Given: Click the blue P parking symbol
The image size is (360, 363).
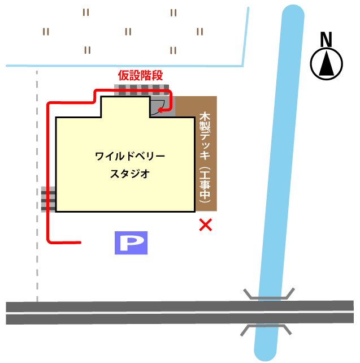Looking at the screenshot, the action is coord(131,243).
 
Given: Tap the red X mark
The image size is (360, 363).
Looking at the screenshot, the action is coord(206,225).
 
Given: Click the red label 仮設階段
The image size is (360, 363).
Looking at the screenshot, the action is coord(140,75).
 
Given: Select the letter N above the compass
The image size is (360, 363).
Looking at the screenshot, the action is coord(326,40).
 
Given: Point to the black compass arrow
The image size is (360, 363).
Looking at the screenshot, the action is coord(327,63).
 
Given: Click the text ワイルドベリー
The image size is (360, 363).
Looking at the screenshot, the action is coord(130,156).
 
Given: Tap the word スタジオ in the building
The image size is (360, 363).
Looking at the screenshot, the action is coord(130,174).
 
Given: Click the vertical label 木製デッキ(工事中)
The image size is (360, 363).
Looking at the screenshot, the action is coord(205,158).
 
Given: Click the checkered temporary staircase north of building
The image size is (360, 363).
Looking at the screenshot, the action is coord(142,90).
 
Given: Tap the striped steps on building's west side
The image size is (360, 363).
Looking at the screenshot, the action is coord(49,199).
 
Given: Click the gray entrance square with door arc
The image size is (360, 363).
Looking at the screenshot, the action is coord(162,106).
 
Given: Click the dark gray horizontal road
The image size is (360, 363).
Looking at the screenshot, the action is coord(180,313).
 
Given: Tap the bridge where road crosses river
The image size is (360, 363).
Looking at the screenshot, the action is coord(268,312).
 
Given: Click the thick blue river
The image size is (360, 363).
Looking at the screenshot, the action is coord(280,183).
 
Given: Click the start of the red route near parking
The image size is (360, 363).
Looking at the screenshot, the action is coord(80,243).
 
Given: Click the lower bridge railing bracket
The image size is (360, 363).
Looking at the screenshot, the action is coord(266,330).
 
